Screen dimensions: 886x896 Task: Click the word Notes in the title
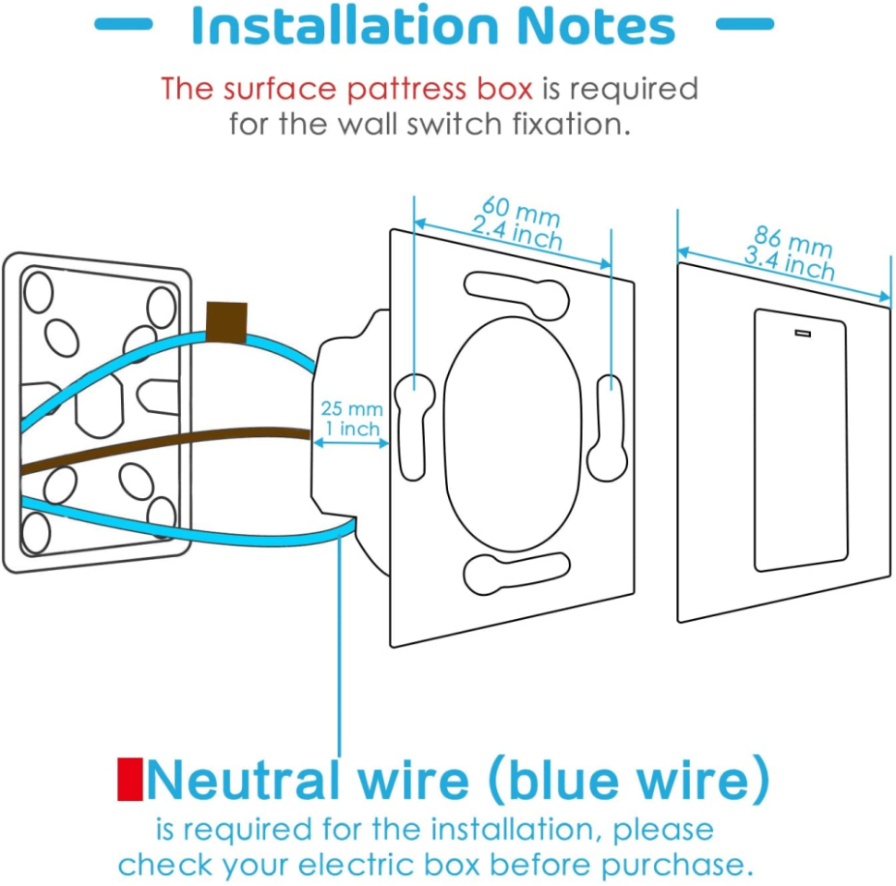pyautogui.click(x=595, y=27)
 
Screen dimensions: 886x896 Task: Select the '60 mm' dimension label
pyautogui.click(x=520, y=212)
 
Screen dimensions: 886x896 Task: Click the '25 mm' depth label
pyautogui.click(x=351, y=408)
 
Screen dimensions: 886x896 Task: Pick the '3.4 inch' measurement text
pyautogui.click(x=789, y=263)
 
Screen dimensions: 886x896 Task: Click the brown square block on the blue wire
pyautogui.click(x=226, y=322)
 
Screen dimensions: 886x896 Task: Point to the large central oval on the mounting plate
pyautogui.click(x=513, y=432)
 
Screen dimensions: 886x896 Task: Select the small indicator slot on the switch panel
pyautogui.click(x=801, y=331)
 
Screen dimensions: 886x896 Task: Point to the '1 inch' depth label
pyautogui.click(x=351, y=429)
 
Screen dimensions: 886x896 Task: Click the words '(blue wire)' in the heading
pyautogui.click(x=628, y=781)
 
